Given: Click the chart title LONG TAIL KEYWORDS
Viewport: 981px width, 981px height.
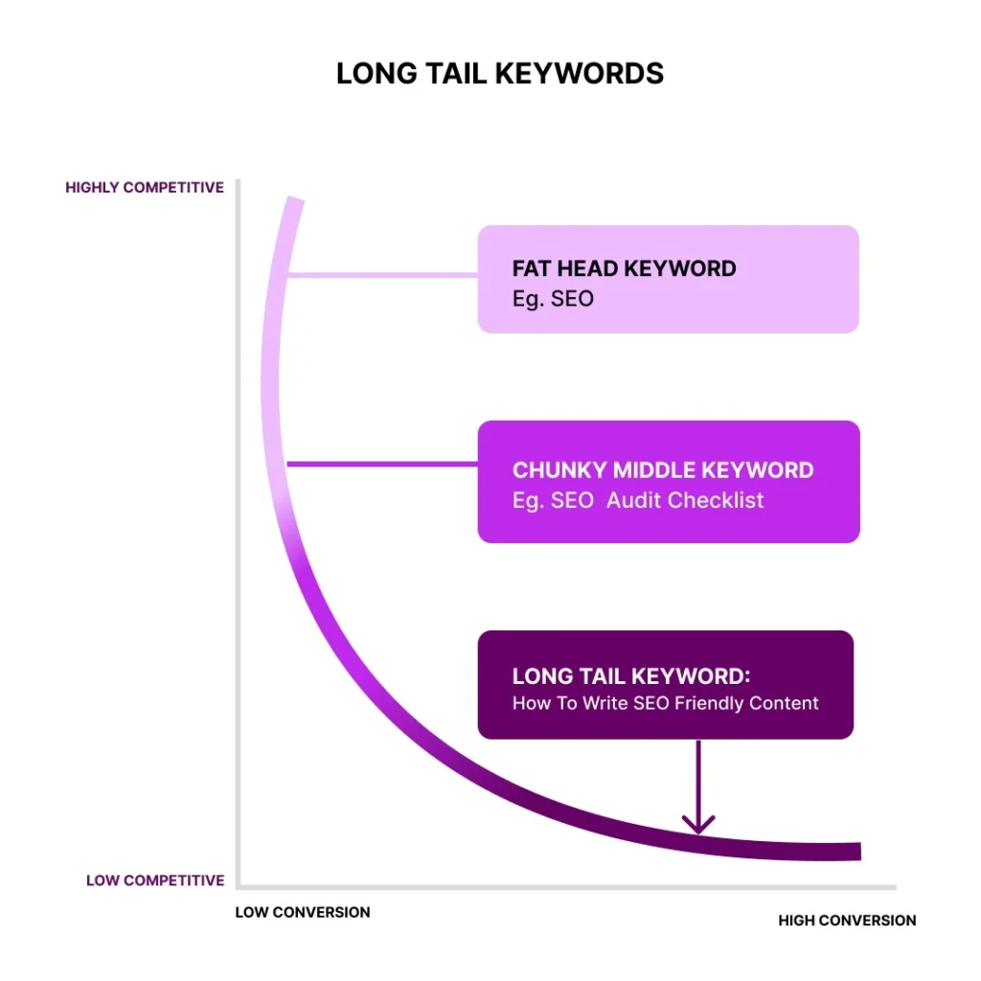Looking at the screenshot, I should pos(499,74).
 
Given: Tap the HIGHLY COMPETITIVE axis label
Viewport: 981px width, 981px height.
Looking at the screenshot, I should pos(145,188).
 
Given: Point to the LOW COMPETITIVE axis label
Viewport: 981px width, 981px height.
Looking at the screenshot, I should pos(155,880).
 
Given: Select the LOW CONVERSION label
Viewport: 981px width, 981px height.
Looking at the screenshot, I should pos(303,912).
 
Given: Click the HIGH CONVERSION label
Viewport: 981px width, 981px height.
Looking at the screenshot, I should pos(847,921).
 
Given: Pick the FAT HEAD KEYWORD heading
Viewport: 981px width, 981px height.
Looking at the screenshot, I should pos(624,268).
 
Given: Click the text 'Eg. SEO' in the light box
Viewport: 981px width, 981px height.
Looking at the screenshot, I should pos(553,299).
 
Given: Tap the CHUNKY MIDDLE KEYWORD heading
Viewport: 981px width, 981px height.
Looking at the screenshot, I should pos(663,470).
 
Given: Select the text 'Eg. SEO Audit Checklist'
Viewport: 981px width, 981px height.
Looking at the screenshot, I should pos(638,500).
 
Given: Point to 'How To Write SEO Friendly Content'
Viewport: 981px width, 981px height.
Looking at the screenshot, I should pos(665,703).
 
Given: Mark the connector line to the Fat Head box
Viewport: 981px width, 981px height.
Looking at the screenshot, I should pos(383,275).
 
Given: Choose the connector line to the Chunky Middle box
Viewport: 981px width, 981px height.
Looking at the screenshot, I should pos(383,465).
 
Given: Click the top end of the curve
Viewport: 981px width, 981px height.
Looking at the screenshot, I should pos(294,200).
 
